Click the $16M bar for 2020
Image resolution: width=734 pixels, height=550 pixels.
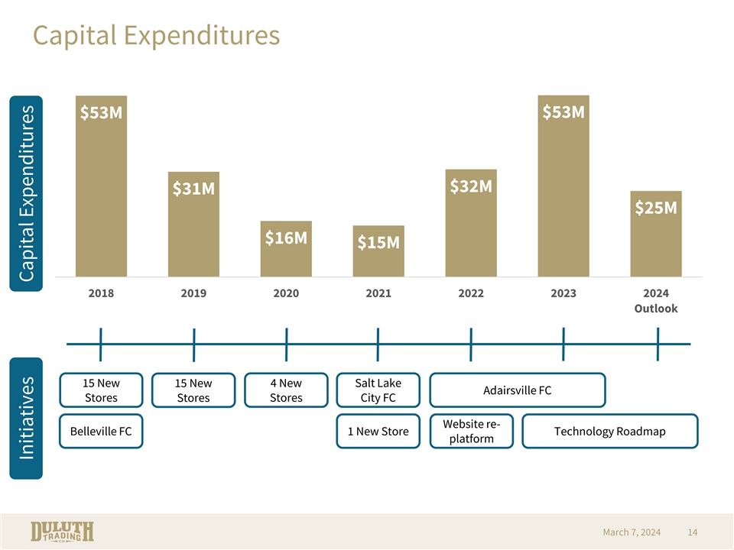pos(286,249)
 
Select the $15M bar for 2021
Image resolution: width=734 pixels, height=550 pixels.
pos(378,251)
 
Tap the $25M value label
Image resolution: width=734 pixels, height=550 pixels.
pos(656,208)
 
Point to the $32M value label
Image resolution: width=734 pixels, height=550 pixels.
pos(470,186)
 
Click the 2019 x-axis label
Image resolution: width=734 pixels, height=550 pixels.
pos(193,293)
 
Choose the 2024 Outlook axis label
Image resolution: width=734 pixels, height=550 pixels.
pos(656,301)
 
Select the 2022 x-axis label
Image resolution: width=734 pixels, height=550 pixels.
pos(470,293)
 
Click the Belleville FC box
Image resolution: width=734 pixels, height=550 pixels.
pos(101,432)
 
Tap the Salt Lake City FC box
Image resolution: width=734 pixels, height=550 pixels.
pos(378,390)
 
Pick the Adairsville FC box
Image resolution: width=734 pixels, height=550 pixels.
pos(518,390)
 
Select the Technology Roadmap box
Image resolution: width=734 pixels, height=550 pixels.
pos(609,432)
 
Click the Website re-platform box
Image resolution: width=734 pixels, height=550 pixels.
pos(471,432)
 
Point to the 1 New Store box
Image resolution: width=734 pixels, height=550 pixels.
pos(378,432)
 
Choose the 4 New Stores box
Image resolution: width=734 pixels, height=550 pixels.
pos(286,390)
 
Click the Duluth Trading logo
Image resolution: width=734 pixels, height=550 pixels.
pos(63,532)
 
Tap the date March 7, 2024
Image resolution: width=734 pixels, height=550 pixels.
pos(632,532)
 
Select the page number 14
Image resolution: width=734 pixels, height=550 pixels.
pos(693,532)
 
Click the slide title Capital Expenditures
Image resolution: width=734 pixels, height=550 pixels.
pos(156,35)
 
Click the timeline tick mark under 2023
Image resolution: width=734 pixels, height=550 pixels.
pos(563,344)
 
